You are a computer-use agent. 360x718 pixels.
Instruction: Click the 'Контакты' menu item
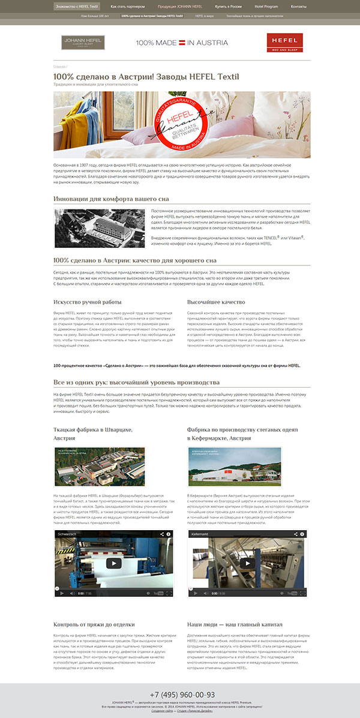[x=298, y=6]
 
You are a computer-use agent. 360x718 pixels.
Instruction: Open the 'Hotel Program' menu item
[x=266, y=6]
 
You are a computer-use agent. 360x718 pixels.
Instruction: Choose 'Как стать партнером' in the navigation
[x=127, y=6]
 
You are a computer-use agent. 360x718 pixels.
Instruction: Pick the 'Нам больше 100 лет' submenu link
[x=95, y=17]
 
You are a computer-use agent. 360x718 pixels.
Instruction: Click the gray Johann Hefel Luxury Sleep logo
[x=83, y=43]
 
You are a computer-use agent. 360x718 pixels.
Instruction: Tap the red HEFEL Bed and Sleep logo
[x=286, y=43]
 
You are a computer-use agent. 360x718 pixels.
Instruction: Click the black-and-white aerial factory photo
[x=100, y=228]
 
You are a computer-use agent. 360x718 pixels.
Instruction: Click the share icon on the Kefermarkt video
[x=295, y=533]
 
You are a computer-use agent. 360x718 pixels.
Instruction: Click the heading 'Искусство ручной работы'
[x=87, y=302]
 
